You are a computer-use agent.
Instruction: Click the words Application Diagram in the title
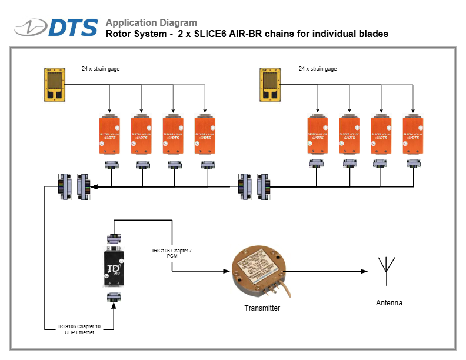point(151,22)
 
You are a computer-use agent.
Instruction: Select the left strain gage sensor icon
point(56,84)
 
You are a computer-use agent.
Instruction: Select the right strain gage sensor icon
point(271,84)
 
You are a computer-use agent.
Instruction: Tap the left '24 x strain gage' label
point(101,69)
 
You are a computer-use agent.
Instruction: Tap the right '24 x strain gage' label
point(318,69)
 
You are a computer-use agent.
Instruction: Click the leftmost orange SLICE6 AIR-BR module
point(109,136)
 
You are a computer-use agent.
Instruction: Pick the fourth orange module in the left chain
point(205,136)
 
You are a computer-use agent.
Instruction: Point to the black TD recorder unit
point(113,267)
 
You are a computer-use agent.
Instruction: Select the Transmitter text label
point(262,308)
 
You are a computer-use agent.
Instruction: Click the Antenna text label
point(389,303)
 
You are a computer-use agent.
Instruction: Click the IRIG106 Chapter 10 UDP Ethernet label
point(79,329)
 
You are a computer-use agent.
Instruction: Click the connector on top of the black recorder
point(113,239)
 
